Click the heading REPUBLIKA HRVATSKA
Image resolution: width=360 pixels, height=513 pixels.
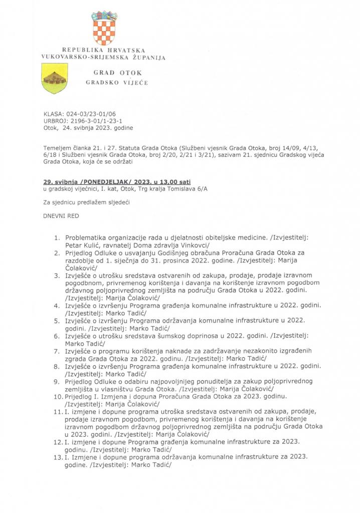(104, 51)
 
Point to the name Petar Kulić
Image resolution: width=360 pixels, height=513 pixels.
(83, 245)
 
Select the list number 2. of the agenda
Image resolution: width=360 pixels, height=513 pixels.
(58, 253)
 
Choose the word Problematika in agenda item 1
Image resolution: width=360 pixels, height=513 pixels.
(86, 237)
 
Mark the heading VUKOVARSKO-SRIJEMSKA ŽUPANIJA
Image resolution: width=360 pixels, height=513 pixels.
(104, 58)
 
